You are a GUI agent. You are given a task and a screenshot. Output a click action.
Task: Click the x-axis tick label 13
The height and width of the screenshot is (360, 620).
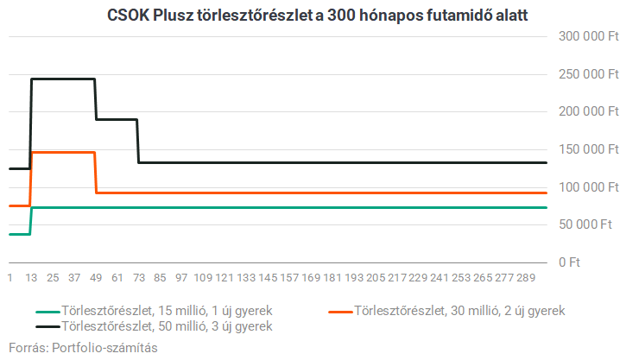(31, 278)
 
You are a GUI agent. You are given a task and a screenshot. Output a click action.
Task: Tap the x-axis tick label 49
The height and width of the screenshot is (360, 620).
(96, 278)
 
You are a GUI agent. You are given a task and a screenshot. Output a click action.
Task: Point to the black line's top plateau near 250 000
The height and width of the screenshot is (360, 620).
(62, 79)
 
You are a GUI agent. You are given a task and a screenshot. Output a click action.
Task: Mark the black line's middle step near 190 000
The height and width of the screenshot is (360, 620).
(117, 119)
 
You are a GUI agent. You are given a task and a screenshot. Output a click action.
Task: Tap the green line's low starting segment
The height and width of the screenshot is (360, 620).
(19, 234)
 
